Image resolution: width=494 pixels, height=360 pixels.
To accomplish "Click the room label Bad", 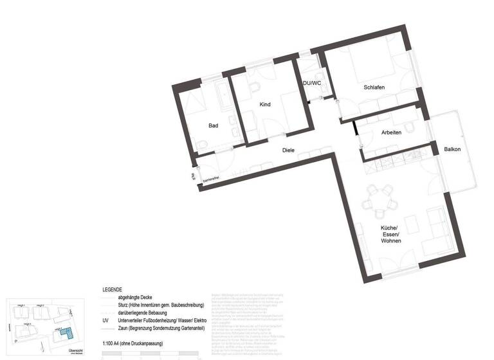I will [213, 126].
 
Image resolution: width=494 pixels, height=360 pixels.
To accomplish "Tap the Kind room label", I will [265, 105].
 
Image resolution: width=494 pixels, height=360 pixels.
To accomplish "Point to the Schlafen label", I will [374, 87].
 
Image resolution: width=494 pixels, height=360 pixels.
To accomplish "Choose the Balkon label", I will [452, 150].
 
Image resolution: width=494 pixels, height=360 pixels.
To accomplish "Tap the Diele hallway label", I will [288, 150].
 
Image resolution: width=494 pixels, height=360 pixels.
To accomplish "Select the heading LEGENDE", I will [112, 290].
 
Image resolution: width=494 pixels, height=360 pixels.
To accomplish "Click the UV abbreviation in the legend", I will [105, 319].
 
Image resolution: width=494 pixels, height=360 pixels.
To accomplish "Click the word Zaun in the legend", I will [124, 327].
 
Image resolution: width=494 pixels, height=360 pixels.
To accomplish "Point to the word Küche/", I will [390, 228].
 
